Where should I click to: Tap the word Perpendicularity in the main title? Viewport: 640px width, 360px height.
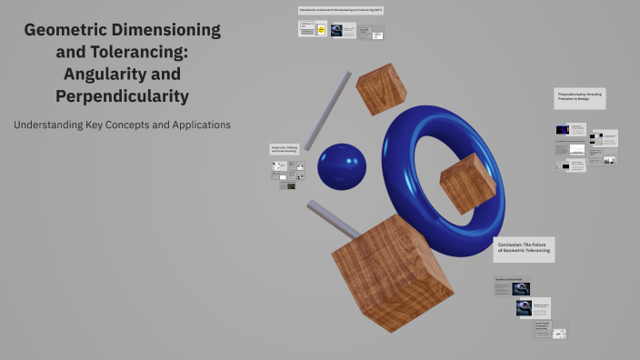122,95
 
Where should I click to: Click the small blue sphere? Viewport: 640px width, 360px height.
341,166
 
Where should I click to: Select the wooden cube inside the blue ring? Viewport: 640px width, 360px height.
466,183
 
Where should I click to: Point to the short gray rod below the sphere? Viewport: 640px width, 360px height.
333,219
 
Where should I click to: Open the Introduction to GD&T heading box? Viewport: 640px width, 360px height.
341,10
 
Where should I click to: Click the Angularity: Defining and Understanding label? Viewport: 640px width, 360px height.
285,148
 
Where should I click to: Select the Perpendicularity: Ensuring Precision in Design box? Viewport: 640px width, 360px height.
579,96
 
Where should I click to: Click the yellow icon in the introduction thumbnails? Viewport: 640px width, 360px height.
320,30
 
